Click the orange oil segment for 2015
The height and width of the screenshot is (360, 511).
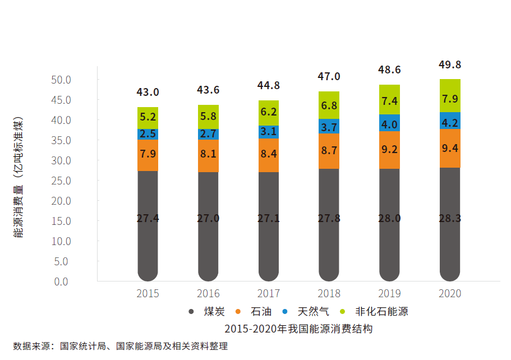click(x=148, y=155)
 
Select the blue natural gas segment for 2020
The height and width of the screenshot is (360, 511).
click(x=450, y=121)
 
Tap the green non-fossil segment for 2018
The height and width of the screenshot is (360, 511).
click(x=329, y=105)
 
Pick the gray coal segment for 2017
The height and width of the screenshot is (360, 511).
click(x=268, y=224)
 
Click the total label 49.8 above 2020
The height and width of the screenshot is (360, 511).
click(x=450, y=64)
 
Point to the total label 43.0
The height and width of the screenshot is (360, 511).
click(x=148, y=91)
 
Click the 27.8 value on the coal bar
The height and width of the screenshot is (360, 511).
click(x=329, y=218)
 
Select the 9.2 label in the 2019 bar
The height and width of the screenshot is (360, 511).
click(x=389, y=150)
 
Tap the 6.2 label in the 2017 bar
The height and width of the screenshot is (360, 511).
click(x=268, y=112)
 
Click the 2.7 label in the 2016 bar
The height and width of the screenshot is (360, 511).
click(x=208, y=133)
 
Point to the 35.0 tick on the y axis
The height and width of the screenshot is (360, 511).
click(x=60, y=140)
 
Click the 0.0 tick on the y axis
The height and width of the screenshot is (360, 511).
click(x=61, y=281)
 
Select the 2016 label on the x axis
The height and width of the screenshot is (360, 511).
click(x=208, y=293)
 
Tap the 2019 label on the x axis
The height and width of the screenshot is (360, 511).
click(x=389, y=293)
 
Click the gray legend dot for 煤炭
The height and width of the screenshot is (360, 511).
click(x=191, y=312)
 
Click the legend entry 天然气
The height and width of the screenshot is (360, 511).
click(x=313, y=312)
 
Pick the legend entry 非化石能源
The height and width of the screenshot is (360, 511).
click(x=381, y=312)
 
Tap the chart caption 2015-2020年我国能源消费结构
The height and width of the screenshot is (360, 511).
click(x=298, y=329)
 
